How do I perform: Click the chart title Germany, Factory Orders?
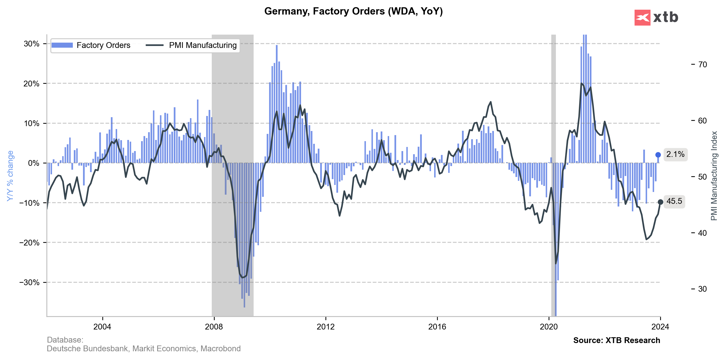click(353, 11)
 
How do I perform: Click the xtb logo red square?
click(642, 17)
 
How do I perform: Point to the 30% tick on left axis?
click(31, 44)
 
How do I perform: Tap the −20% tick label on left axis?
click(29, 243)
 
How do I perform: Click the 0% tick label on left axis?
click(34, 163)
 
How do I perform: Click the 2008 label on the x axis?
click(214, 327)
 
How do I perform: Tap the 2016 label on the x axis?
click(437, 327)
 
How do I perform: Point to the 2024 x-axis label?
click(660, 327)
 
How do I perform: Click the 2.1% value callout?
click(675, 154)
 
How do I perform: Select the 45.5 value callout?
click(674, 201)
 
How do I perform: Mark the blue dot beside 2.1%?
click(658, 155)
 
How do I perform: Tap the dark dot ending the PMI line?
click(660, 202)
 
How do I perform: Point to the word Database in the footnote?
click(65, 340)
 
